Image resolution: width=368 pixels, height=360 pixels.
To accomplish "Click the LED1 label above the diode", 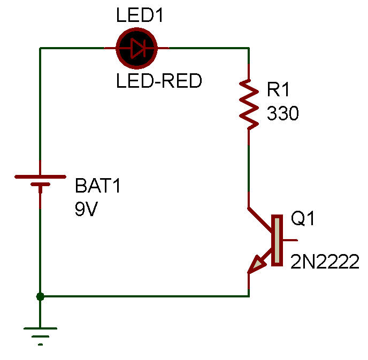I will click(140, 15).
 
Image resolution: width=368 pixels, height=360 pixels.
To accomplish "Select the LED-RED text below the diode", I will click(159, 81).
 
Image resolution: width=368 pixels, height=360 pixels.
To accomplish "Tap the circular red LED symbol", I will click(136, 49).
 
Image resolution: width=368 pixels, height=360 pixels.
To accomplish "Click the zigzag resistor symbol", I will click(249, 104).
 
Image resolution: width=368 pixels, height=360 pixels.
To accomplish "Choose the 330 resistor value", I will click(282, 113).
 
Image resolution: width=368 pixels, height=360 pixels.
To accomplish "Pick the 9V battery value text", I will click(87, 209).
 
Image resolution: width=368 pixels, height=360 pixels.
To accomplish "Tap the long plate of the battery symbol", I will click(40, 176).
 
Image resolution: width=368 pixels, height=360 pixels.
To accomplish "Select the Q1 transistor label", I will click(303, 219).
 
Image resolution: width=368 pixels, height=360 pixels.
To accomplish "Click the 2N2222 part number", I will click(325, 262).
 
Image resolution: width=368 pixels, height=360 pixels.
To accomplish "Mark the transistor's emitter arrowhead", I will click(257, 264).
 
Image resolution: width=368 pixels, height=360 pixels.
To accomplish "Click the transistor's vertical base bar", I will click(277, 240).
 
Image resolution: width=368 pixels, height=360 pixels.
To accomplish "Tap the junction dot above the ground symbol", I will click(40, 295).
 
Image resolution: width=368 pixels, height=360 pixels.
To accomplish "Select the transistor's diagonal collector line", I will click(261, 219).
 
